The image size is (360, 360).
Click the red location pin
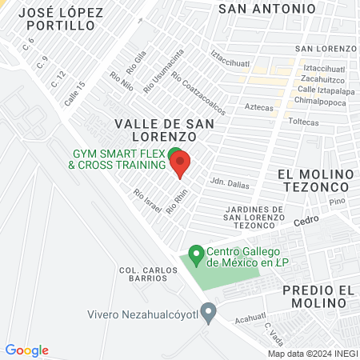pyautogui.click(x=180, y=163)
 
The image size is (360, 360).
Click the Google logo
pyautogui.click(x=27, y=350)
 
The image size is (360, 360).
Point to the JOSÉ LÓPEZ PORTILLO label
pyautogui.click(x=54, y=19)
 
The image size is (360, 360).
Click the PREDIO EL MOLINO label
pyautogui.click(x=318, y=297)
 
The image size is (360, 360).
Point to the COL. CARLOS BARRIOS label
pyautogui.click(x=148, y=274)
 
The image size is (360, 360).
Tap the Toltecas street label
pyautogui.click(x=303, y=122)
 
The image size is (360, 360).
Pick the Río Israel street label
pyautogui.click(x=148, y=200)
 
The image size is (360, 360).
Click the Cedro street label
pyautogui.click(x=305, y=222)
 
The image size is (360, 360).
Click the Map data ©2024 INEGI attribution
pyautogui.click(x=313, y=354)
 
